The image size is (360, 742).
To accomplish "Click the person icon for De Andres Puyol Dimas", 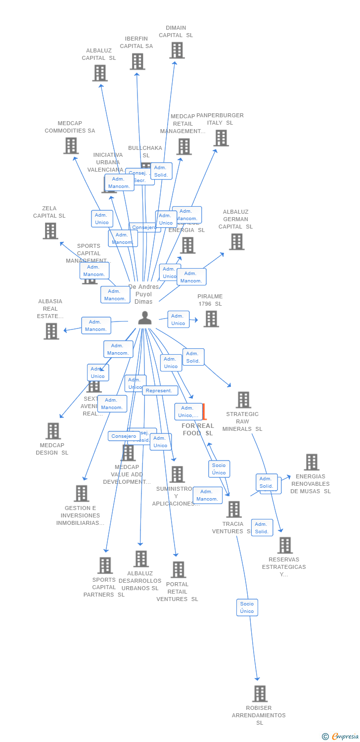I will click(x=144, y=318).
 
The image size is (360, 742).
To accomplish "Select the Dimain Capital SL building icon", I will click(x=177, y=50).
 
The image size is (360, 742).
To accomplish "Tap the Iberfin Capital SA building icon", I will click(x=137, y=61).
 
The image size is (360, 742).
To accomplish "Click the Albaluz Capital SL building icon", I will click(x=100, y=73).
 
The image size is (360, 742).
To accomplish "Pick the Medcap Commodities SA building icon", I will click(x=71, y=146).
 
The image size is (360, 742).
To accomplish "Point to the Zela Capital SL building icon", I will click(x=50, y=231).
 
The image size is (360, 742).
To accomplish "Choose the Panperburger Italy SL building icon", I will click(x=221, y=138).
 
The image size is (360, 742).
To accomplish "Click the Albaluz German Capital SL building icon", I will click(x=236, y=242).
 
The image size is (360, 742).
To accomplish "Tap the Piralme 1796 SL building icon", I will click(x=211, y=319).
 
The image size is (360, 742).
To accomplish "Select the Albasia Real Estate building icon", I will click(x=51, y=331).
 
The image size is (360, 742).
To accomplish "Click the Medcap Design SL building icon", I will click(x=53, y=431).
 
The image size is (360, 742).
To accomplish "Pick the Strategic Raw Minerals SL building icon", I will click(x=243, y=400).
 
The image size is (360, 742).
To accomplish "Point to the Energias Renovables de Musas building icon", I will click(x=311, y=462).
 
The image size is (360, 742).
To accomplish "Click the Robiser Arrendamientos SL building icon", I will click(x=260, y=694).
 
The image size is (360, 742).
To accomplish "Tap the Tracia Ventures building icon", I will click(x=233, y=509).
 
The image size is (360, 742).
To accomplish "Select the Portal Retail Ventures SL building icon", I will click(x=178, y=569).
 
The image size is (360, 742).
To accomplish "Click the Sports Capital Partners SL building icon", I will click(x=104, y=565).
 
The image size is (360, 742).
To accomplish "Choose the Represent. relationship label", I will click(x=160, y=391).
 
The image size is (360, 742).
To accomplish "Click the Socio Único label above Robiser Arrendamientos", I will click(x=247, y=607).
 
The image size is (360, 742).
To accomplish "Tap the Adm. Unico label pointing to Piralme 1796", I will click(x=178, y=320).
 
